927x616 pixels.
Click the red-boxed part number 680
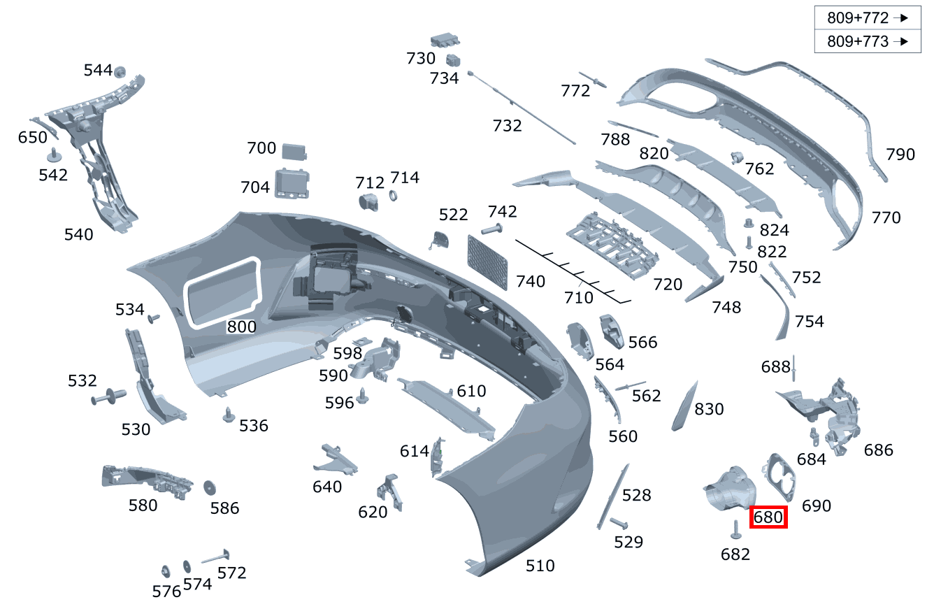[768, 518]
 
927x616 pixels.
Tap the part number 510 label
[540, 566]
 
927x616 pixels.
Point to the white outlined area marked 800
[222, 293]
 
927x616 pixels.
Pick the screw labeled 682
[735, 530]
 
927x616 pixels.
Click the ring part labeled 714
[393, 195]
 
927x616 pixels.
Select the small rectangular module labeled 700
[295, 151]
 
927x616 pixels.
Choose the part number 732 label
[507, 126]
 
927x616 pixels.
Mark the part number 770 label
[886, 217]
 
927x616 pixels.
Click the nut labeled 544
[120, 71]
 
